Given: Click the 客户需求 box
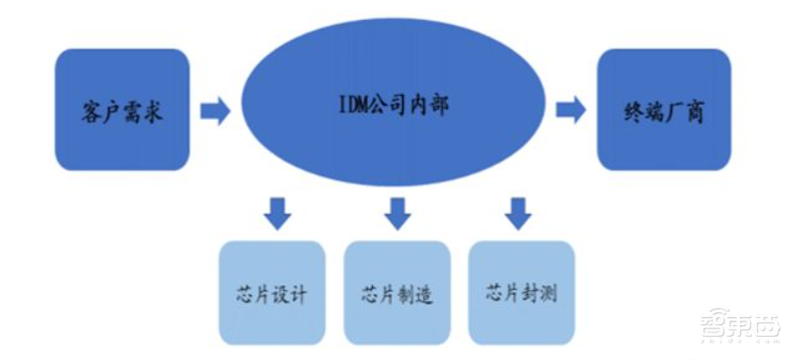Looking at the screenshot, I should tap(122, 109).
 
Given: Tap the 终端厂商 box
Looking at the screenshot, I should tap(663, 109).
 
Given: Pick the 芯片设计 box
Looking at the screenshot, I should tap(271, 293).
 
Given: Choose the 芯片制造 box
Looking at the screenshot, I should tap(397, 293).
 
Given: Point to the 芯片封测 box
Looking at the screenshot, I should tap(521, 293).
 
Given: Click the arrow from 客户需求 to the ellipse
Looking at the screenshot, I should tap(214, 110).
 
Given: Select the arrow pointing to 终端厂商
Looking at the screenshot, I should tap(571, 110).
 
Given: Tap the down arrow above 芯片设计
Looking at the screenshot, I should tap(276, 212).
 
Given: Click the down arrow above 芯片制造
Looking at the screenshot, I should tap(398, 212).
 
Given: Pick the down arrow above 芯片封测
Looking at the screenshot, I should tap(517, 212).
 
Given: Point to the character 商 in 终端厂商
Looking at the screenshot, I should tap(695, 111).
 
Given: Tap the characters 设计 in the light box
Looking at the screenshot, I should tap(289, 295).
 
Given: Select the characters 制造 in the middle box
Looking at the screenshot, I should tap(415, 295).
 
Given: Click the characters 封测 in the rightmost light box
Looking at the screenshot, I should tap(539, 294).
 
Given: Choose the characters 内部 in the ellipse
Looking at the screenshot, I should tap(430, 105).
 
